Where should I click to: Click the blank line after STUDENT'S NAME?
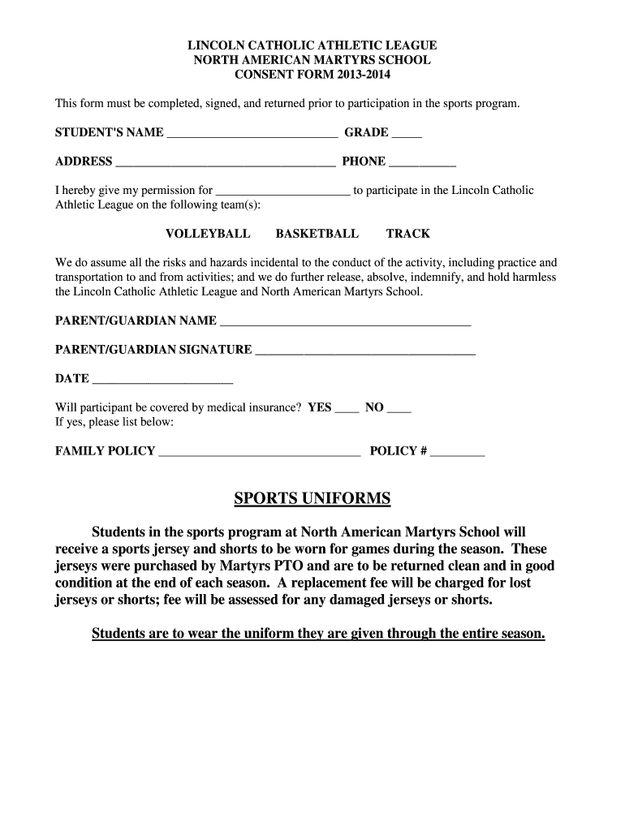pos(252,135)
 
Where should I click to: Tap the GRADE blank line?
pos(407,135)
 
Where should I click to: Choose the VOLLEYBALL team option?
pos(208,234)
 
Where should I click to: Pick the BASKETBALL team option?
pos(317,234)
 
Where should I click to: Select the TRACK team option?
pos(407,234)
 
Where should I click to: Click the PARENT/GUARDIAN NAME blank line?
pos(345,322)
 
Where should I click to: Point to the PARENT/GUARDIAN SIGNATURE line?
pos(365,351)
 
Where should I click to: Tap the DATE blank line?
pos(162,381)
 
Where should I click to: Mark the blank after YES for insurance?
pos(347,409)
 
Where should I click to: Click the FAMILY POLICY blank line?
pos(259,453)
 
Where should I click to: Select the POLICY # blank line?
pos(457,453)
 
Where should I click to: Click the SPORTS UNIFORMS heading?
pos(312,498)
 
